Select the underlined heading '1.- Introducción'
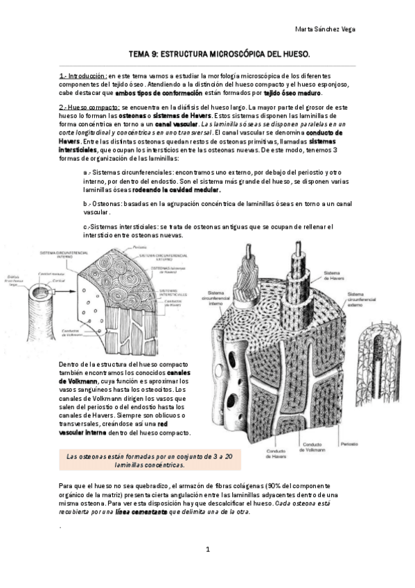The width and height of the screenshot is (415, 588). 83,75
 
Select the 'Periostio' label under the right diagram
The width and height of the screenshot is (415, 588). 348,442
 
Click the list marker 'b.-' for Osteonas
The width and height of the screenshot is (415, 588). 87,205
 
